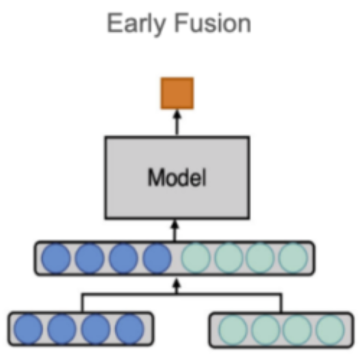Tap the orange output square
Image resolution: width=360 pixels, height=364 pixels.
pos(177,93)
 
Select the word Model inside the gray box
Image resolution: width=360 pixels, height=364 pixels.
pos(177,178)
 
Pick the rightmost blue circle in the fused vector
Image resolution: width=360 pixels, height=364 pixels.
pos(157,258)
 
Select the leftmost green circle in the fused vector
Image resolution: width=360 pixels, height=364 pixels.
pos(196,258)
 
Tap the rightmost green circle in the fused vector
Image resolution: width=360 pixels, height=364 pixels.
pos(293,258)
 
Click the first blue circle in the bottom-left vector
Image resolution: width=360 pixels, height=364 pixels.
pos(29,329)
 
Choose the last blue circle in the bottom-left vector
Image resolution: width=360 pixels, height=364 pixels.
pos(129,329)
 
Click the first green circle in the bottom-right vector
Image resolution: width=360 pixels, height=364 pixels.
pos(234,329)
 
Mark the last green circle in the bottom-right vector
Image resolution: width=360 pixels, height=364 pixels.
pos(330,329)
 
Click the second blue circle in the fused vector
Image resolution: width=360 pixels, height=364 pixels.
pos(89,258)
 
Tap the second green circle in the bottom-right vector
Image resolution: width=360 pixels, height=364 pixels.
pos(265,329)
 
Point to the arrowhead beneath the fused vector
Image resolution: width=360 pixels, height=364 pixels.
pos(177,282)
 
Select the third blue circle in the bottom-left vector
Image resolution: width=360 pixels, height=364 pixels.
pos(96,329)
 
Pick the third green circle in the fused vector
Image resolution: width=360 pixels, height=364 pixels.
pos(261,258)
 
